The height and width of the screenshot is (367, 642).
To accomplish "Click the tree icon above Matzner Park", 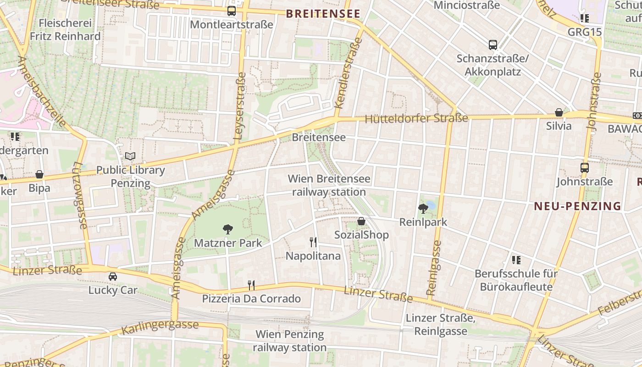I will (228, 229).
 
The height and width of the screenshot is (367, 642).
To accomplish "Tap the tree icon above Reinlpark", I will (423, 209).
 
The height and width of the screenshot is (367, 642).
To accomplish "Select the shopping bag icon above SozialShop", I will (361, 222).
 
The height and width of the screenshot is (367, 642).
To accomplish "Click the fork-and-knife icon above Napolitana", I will (313, 242).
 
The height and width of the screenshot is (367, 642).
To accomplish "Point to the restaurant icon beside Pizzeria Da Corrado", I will (251, 285).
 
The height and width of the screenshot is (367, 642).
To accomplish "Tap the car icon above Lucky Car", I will (113, 277).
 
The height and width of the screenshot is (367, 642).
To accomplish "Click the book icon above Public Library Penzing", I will (131, 156).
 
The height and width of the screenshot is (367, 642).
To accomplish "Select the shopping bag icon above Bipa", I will (39, 175).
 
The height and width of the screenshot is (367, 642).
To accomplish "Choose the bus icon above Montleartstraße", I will (232, 11).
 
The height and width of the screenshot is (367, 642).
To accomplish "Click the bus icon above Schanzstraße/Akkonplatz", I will (493, 45).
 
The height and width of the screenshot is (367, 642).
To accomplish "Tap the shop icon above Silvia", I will (559, 112).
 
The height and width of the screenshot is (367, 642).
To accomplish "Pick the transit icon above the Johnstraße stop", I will (585, 168).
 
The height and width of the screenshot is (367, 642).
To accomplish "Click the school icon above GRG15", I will (584, 18).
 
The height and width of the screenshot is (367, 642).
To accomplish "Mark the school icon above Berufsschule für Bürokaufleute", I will (516, 260).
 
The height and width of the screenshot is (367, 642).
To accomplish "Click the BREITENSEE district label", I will (323, 14).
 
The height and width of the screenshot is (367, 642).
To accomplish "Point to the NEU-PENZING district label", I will (578, 206).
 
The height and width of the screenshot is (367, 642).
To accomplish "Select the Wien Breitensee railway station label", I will (329, 185).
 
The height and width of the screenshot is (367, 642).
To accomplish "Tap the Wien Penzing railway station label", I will (290, 341).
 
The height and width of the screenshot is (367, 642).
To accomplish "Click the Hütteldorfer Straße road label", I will (416, 118).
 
